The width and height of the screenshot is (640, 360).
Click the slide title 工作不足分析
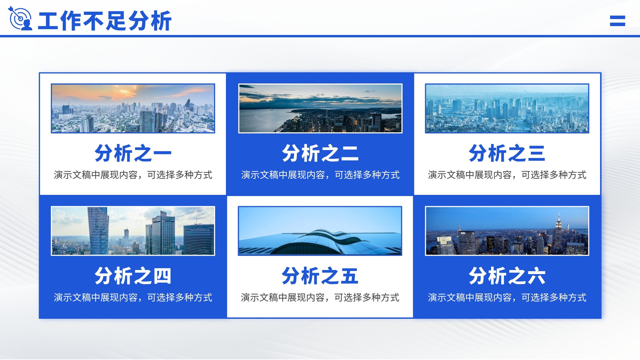[104, 20]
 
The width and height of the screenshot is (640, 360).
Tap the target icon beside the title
[20, 18]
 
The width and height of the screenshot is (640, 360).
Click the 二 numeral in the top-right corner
[618, 21]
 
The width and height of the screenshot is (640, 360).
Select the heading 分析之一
[133, 153]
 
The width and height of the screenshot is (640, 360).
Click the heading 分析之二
[320, 153]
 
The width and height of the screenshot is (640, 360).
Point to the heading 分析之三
[507, 153]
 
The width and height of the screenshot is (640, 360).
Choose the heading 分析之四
[133, 276]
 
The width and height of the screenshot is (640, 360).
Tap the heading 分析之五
[320, 276]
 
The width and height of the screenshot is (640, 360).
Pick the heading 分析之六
[507, 276]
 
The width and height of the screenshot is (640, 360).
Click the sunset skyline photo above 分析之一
[133, 108]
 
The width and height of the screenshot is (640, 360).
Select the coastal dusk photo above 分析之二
[320, 108]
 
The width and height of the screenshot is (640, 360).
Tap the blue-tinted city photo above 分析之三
[507, 108]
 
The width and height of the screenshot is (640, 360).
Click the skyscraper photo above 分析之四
[133, 231]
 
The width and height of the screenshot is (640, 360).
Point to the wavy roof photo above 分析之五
[320, 231]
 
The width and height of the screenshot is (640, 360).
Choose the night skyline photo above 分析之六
[507, 231]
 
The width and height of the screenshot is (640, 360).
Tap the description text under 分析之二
[320, 175]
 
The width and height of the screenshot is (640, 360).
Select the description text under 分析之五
[320, 298]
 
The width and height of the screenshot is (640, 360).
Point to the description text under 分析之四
[133, 298]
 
